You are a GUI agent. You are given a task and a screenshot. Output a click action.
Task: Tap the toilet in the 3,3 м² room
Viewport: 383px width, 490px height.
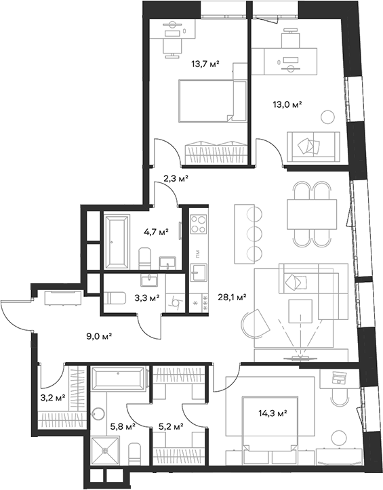point(116,298)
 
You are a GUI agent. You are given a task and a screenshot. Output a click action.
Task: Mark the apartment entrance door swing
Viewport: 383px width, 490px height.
point(15,313)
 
